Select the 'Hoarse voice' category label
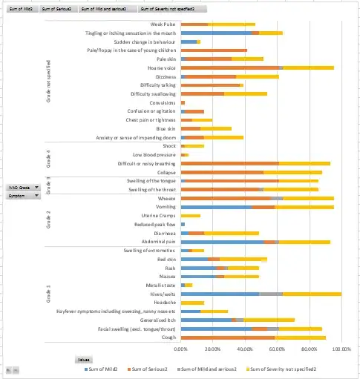[x=162, y=67]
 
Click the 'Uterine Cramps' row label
[x=157, y=215]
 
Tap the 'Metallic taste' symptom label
[x=160, y=285]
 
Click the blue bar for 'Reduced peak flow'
[x=183, y=224]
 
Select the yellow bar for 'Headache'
[x=192, y=302]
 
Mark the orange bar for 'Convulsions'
[x=183, y=102]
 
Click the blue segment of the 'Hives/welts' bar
[x=220, y=294]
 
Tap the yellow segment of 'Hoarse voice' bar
[x=309, y=67]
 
